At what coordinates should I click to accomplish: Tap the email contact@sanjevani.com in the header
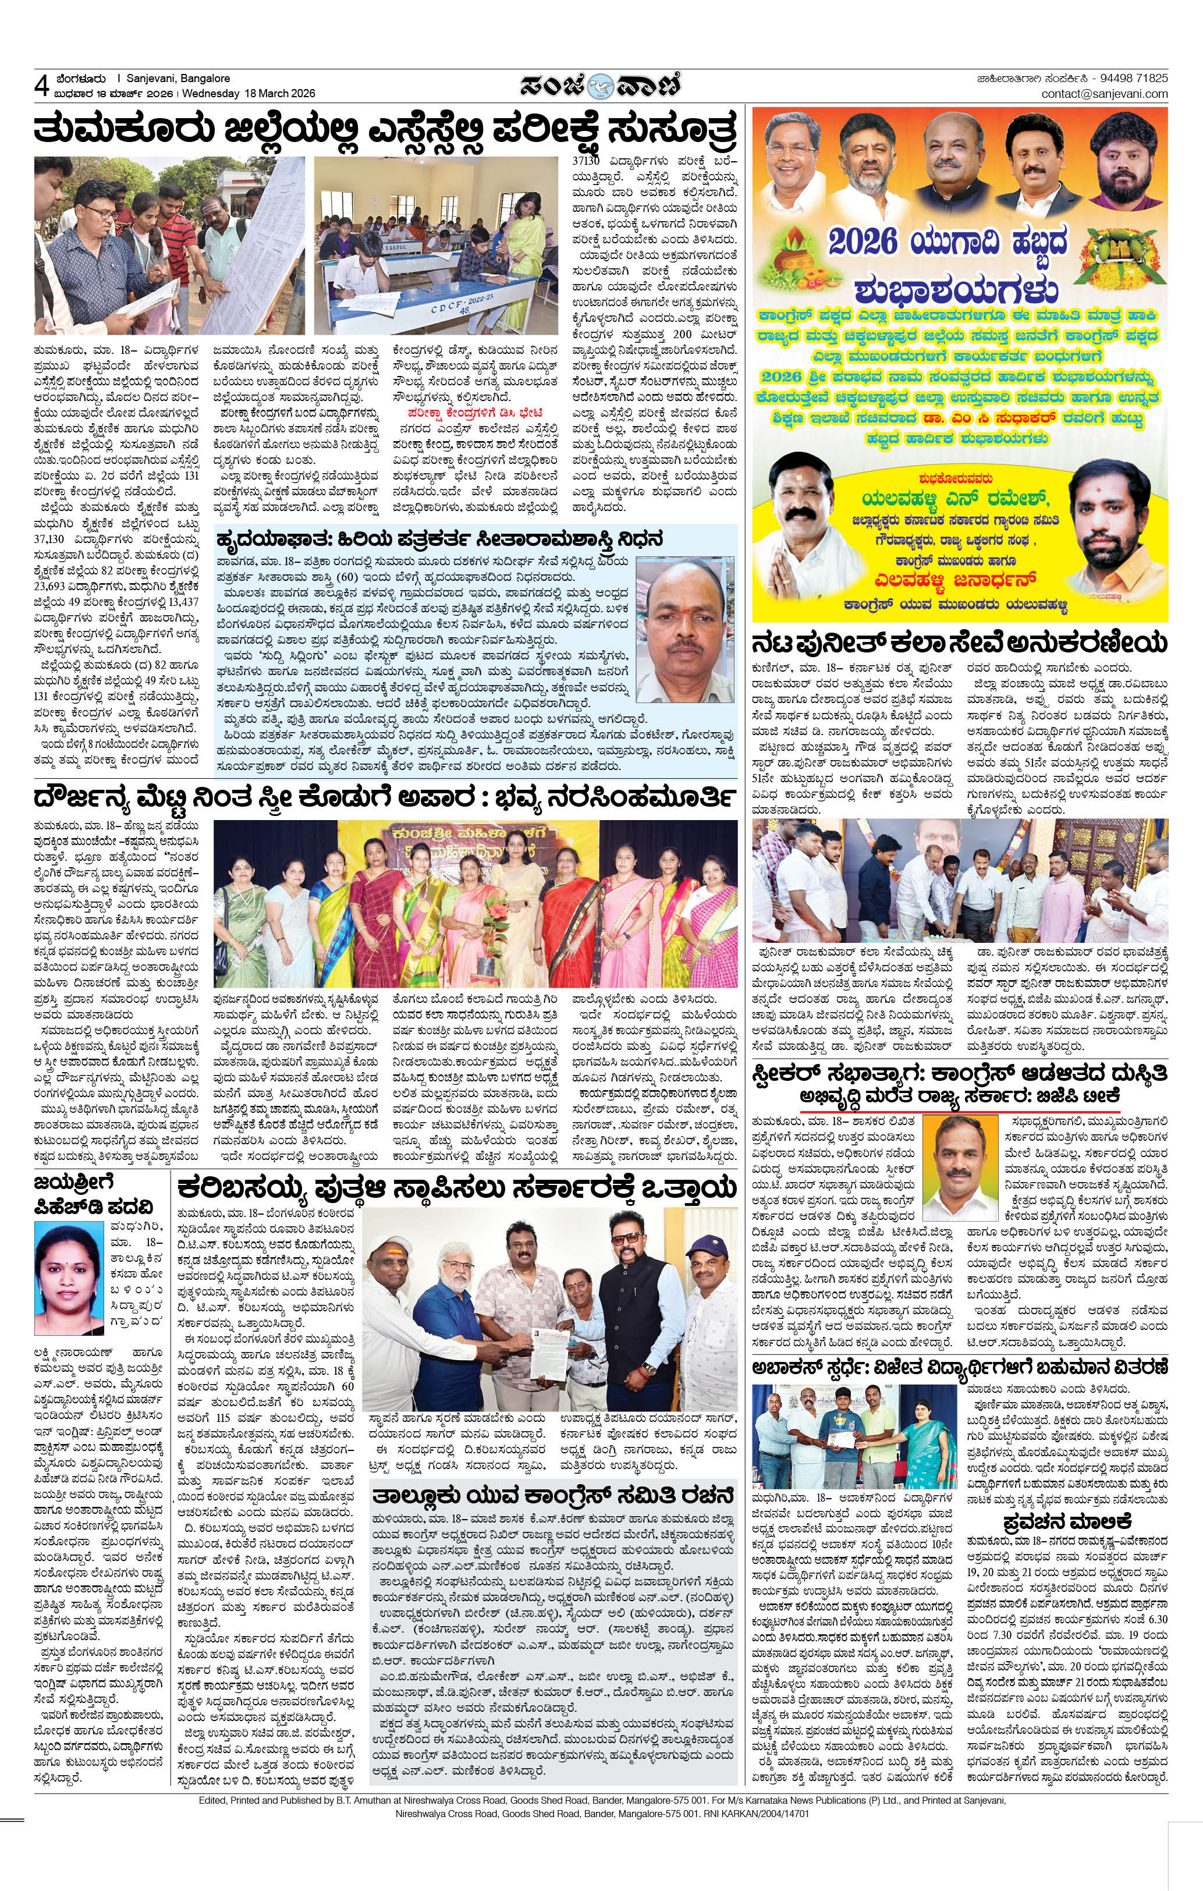pyautogui.click(x=1104, y=94)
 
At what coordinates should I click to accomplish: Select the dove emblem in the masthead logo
pyautogui.click(x=600, y=85)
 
